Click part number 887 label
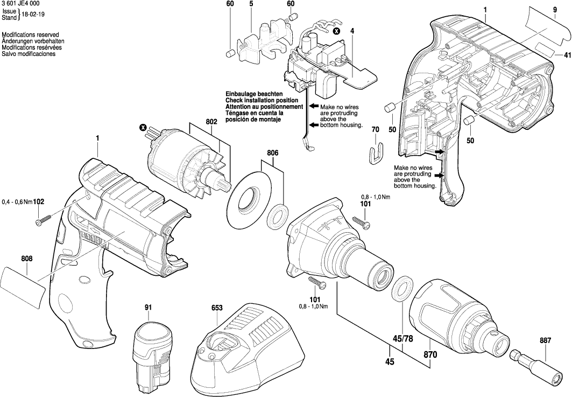[545, 340]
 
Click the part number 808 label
[27, 259]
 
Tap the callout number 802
[211, 122]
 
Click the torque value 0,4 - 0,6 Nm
[17, 202]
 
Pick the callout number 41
[567, 55]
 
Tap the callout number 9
[554, 10]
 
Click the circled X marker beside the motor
[143, 128]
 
